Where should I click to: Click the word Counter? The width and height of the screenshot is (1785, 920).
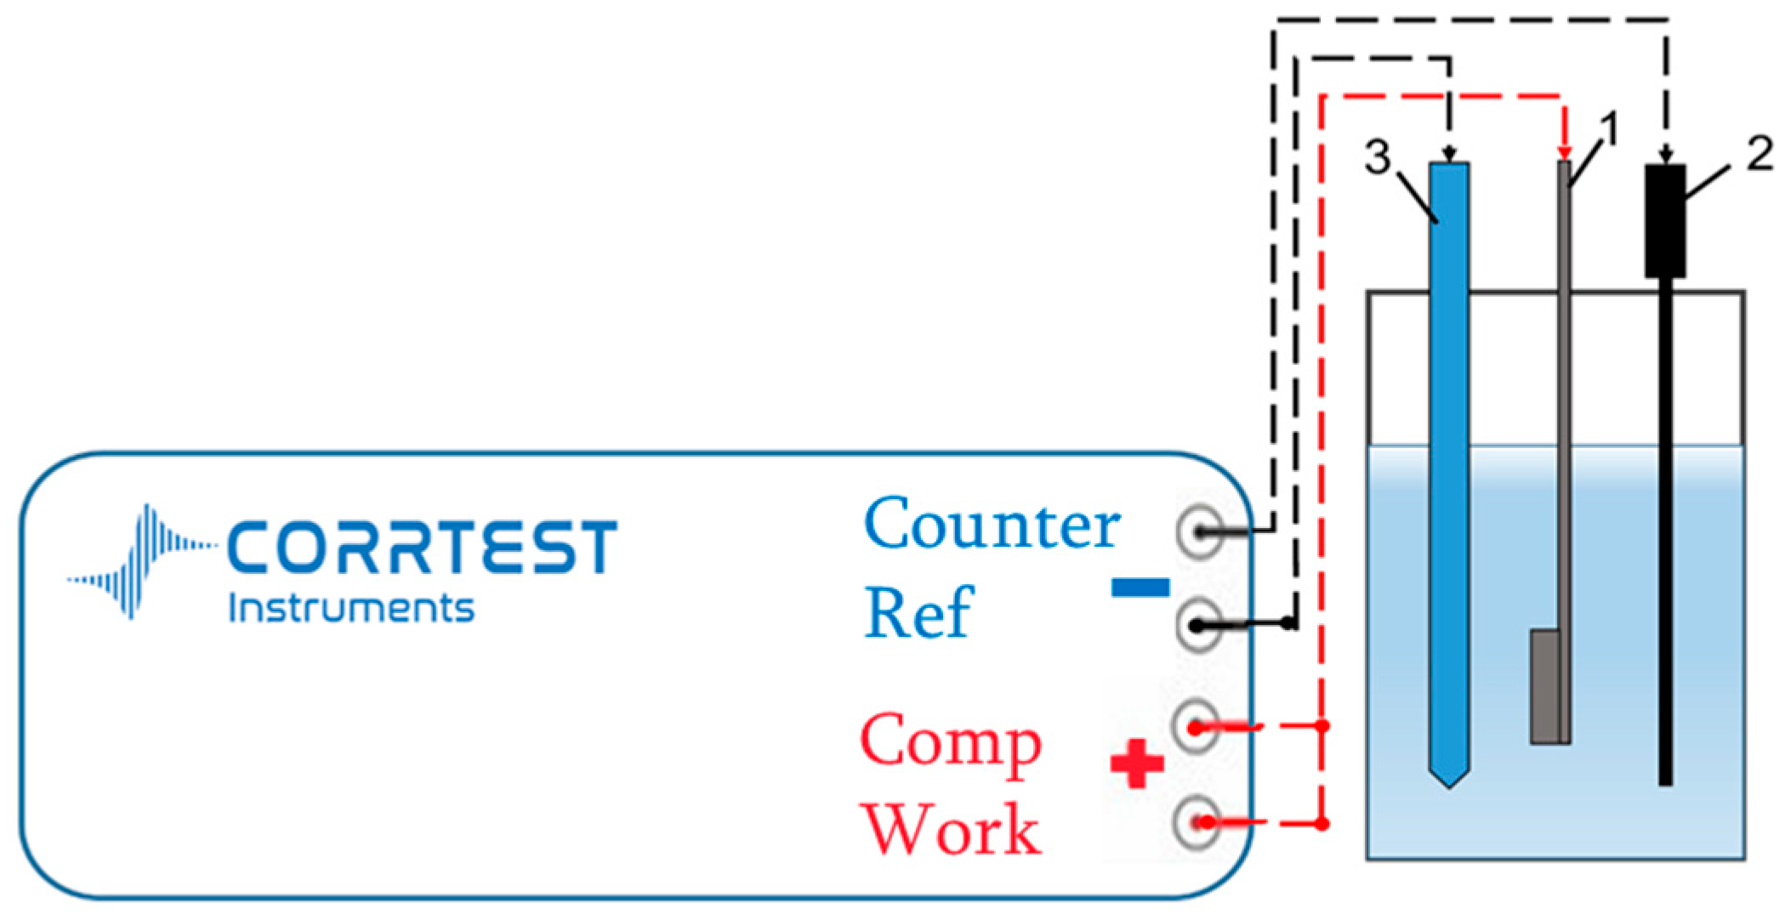tap(992, 525)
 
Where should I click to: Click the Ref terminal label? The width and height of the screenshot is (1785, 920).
tap(918, 614)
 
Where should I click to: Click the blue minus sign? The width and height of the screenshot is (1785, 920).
tap(1140, 588)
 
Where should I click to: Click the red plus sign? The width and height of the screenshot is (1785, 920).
tap(1137, 764)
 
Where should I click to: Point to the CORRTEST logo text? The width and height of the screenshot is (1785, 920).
tap(422, 548)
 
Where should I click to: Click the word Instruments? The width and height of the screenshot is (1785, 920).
tap(351, 609)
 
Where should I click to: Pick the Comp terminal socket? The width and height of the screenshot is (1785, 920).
tap(1197, 728)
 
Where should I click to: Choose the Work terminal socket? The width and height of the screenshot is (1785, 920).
tap(1197, 822)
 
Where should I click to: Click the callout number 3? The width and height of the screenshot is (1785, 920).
tap(1377, 156)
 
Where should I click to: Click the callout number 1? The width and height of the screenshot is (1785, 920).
tap(1608, 132)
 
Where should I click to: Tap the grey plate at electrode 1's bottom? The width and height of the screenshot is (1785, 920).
tap(1544, 687)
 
